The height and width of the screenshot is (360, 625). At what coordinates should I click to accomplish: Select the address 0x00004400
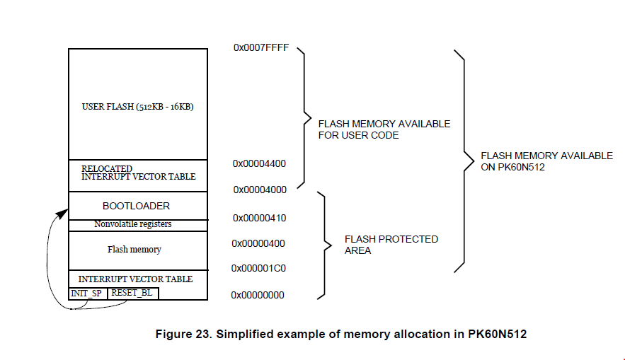click(258, 163)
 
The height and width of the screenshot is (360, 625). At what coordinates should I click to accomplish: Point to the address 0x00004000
click(258, 190)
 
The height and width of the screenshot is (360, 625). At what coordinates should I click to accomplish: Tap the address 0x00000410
click(258, 218)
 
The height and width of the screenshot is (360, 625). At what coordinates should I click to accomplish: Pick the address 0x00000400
click(258, 243)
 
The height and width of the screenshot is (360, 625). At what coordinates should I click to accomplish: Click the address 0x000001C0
click(258, 269)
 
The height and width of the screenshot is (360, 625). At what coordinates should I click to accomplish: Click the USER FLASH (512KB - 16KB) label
click(138, 107)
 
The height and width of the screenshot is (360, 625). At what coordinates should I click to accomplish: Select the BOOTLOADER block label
click(137, 206)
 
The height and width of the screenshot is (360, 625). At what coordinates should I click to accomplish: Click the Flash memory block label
click(134, 250)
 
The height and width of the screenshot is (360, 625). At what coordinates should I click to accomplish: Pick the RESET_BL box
click(132, 293)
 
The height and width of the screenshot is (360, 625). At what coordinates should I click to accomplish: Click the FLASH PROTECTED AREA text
click(391, 245)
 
